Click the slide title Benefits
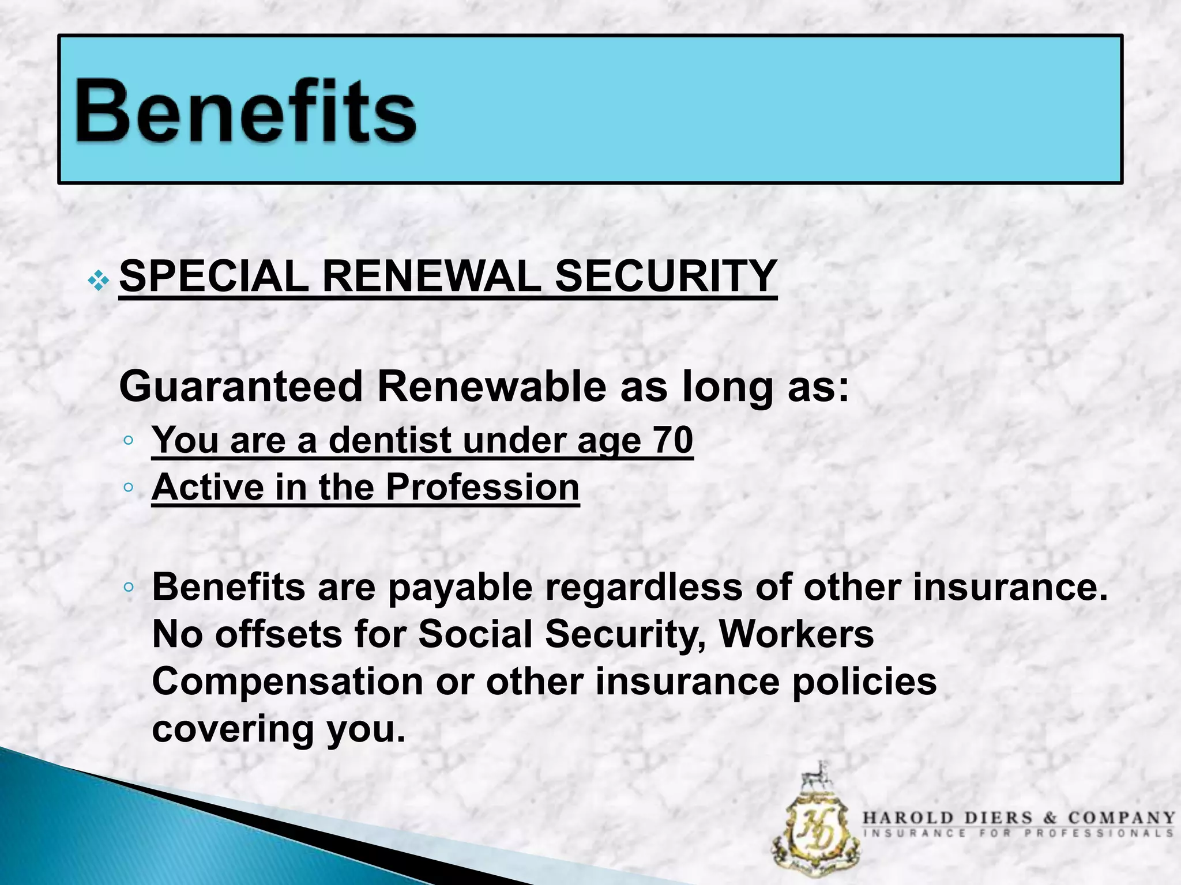pos(245,111)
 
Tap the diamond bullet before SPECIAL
pos(98,281)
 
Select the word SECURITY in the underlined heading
pos(665,277)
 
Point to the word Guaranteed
pos(240,387)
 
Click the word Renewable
pos(491,387)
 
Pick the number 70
pos(672,440)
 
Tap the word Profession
pos(482,487)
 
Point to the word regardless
pos(644,588)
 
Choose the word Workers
pos(796,634)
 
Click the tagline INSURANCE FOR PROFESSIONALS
pos(1018,833)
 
